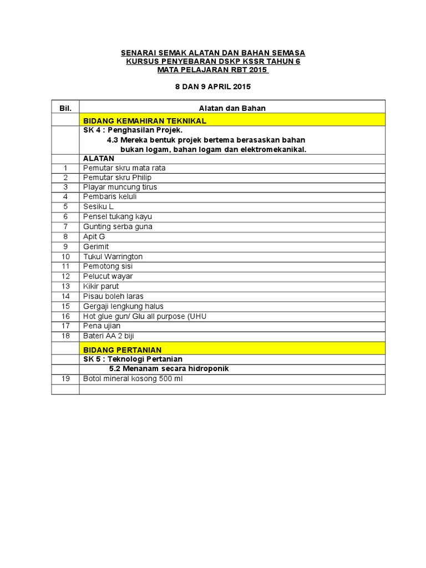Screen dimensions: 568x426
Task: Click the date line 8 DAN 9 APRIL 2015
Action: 213,87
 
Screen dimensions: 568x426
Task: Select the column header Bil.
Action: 65,108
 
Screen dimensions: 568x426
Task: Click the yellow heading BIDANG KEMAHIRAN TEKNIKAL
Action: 145,120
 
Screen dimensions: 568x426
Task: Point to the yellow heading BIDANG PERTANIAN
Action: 123,350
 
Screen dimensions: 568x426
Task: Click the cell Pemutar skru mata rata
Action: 124,168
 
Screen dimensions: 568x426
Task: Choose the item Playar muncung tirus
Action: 120,187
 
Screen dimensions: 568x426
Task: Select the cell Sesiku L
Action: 98,207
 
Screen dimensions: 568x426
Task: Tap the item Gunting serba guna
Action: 118,226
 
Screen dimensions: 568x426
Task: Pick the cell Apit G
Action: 94,236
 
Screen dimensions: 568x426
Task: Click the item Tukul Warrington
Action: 113,256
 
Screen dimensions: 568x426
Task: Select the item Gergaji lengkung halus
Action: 123,306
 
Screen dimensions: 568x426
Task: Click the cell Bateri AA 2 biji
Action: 109,336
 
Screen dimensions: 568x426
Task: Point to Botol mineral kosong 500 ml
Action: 133,379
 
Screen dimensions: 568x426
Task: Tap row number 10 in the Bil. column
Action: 65,256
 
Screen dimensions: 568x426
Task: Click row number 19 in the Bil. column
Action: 65,379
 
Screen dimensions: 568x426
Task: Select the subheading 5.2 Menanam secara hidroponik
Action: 169,369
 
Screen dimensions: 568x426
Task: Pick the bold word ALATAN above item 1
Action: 99,158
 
